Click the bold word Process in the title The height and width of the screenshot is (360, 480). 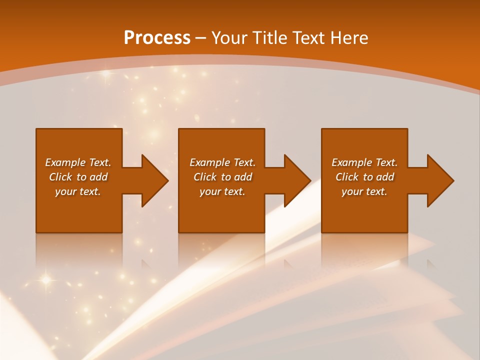click(157, 38)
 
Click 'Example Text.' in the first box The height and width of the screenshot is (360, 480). click(78, 162)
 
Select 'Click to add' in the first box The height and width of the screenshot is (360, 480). click(78, 177)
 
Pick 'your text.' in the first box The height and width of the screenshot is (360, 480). click(78, 191)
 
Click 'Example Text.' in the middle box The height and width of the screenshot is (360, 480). click(222, 162)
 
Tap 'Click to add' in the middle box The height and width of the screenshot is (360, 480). click(222, 177)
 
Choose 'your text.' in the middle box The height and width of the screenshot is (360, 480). click(222, 191)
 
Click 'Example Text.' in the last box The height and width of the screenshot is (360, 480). click(364, 162)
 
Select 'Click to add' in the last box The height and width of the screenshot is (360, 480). click(364, 177)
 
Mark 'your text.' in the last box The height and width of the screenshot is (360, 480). click(364, 191)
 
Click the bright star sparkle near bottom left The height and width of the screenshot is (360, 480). click(46, 279)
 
